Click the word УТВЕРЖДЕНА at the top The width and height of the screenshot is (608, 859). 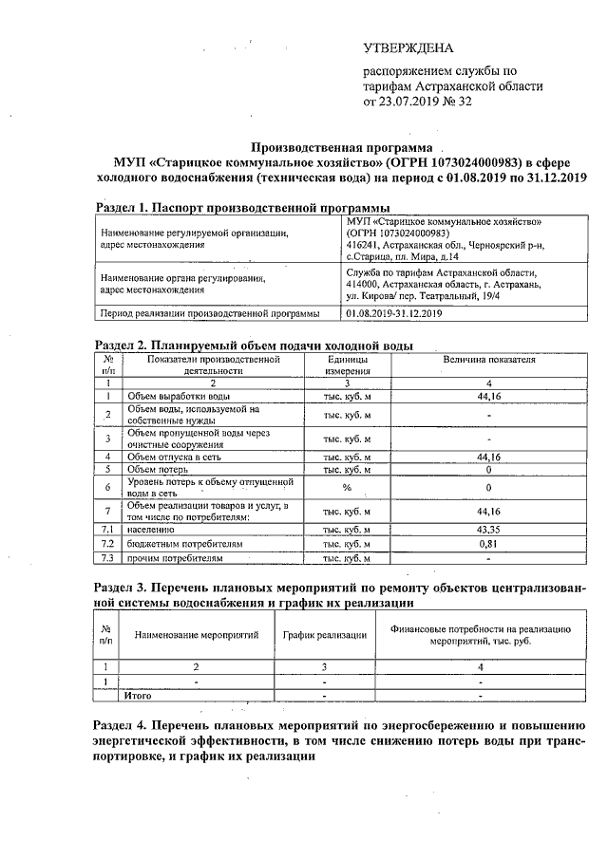click(x=408, y=48)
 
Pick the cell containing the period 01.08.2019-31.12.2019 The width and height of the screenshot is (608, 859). click(x=395, y=313)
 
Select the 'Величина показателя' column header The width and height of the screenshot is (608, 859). click(x=488, y=360)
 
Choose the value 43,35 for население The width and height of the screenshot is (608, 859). click(x=488, y=529)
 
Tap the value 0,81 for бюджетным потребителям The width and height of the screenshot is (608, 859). click(x=488, y=544)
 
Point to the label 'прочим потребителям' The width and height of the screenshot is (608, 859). click(x=173, y=559)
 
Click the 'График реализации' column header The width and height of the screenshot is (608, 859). click(x=325, y=635)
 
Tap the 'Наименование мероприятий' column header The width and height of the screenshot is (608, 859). click(x=196, y=635)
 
